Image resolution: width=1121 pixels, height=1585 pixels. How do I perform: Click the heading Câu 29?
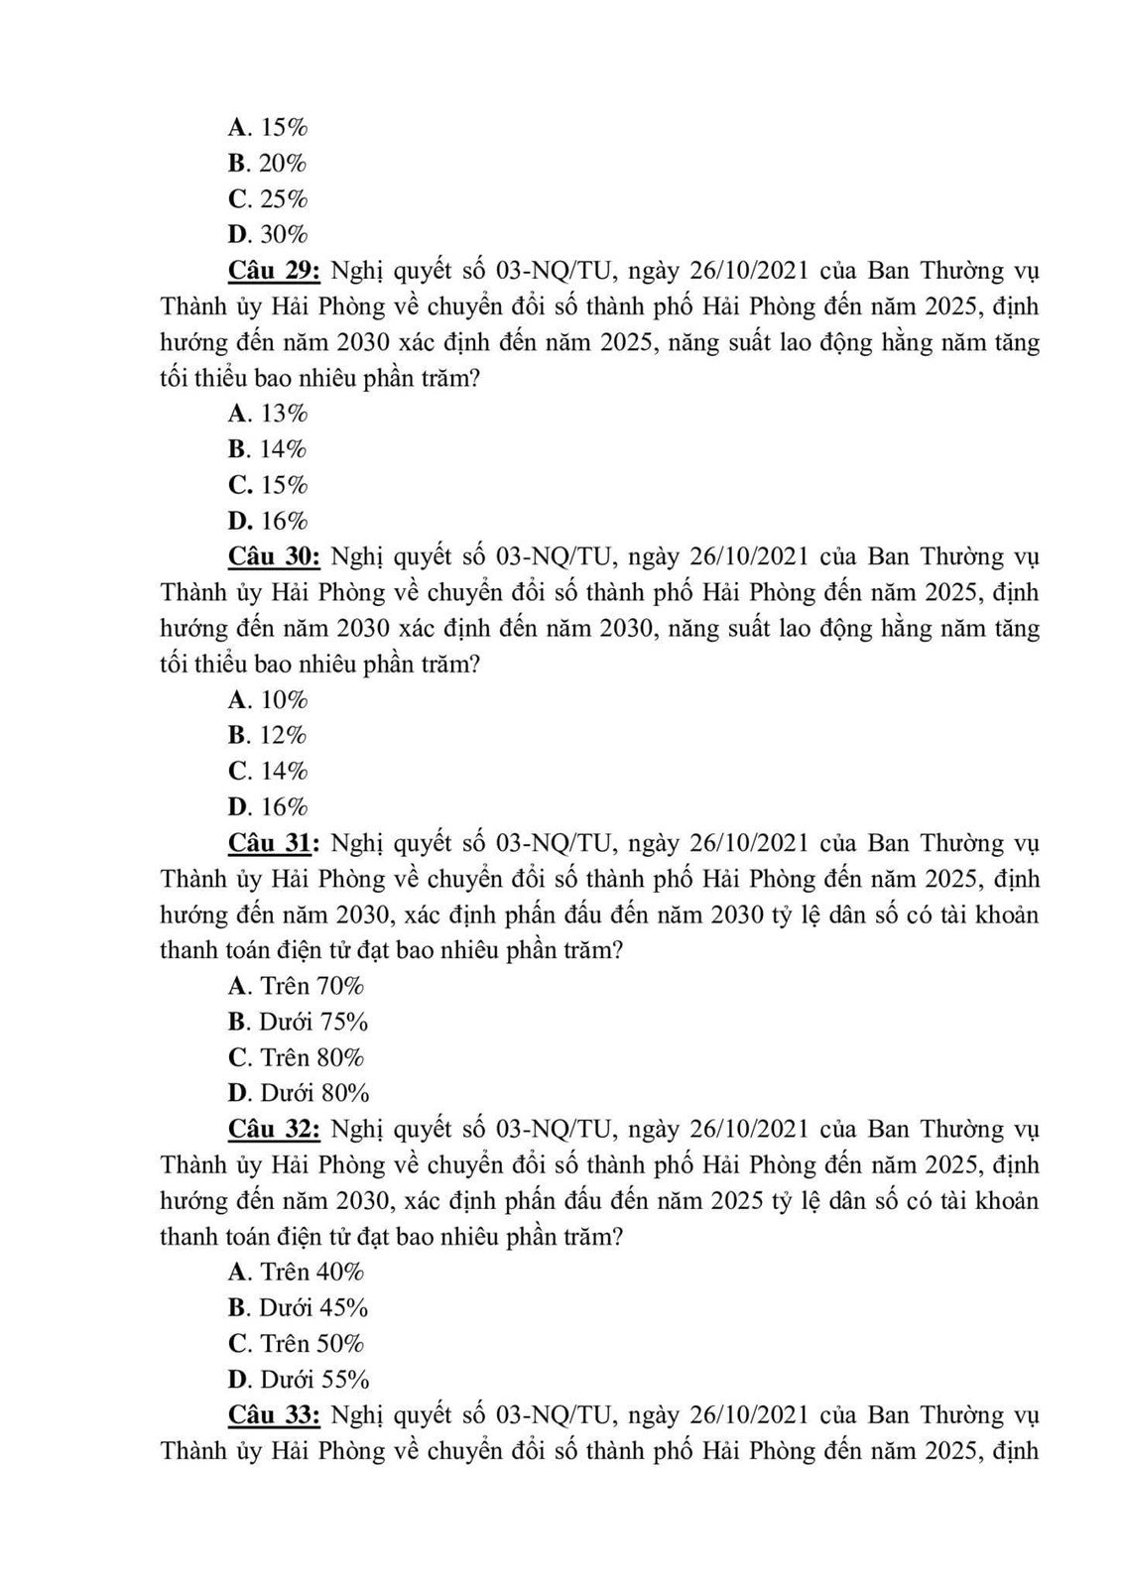point(274,271)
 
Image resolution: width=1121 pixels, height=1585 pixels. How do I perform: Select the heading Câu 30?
point(274,556)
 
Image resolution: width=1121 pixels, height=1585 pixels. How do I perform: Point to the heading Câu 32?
point(274,1129)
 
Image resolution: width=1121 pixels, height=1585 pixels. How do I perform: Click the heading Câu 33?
point(274,1414)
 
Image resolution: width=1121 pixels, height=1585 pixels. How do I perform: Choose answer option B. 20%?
point(268,164)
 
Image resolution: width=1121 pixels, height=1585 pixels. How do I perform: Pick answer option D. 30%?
point(268,235)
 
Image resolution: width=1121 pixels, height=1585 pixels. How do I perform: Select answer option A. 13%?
point(268,414)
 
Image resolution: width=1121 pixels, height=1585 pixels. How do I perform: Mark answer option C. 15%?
point(268,485)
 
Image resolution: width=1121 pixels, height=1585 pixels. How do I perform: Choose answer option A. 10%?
point(268,700)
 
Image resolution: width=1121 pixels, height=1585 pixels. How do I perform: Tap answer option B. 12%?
point(268,735)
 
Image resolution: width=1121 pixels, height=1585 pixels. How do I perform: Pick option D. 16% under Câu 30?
point(268,807)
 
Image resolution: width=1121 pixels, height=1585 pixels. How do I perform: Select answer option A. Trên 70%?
point(296,986)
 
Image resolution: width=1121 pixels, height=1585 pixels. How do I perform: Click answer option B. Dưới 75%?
point(298,1022)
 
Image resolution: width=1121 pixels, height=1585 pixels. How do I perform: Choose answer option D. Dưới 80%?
point(299,1093)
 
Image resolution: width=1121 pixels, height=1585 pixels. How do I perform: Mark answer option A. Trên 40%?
point(296,1272)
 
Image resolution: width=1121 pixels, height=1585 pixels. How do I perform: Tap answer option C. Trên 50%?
point(296,1344)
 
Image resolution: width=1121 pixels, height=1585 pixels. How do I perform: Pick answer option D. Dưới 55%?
point(299,1380)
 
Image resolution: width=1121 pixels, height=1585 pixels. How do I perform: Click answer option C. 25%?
point(268,199)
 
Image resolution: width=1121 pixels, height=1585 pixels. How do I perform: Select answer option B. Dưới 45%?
point(298,1307)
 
